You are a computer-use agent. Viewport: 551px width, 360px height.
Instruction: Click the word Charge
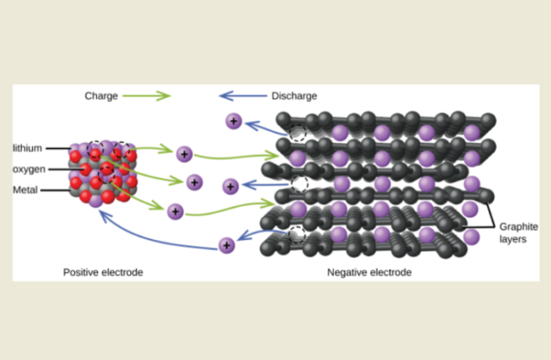101,96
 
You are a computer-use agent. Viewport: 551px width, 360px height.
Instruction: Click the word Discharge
294,96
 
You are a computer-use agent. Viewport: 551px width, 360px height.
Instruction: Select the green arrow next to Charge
149,96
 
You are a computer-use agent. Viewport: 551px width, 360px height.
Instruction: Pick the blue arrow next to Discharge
240,96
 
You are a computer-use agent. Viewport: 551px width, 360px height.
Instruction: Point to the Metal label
25,190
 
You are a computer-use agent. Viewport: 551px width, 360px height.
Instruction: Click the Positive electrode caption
103,272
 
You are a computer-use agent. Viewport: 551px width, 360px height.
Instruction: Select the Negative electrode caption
369,272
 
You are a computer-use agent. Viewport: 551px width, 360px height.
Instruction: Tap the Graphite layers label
516,232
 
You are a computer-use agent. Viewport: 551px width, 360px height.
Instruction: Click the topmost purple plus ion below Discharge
234,121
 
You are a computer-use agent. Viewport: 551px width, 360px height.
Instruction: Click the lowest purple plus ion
227,245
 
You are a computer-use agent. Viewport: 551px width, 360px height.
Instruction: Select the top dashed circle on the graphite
297,133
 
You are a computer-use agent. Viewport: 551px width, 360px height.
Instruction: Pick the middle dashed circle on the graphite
299,184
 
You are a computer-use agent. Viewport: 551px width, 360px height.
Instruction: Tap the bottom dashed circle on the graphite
296,234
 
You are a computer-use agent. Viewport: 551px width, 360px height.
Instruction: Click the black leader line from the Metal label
55,190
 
